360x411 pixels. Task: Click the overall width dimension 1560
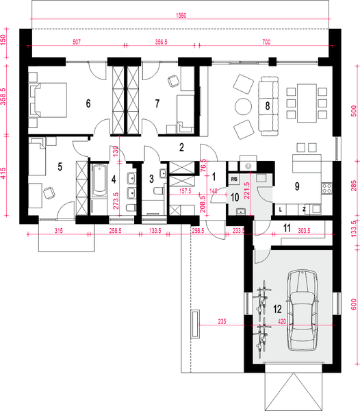pyautogui.click(x=181, y=16)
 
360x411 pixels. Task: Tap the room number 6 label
pyautogui.click(x=88, y=103)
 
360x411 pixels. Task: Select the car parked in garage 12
pyautogui.click(x=303, y=311)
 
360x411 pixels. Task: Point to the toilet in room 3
pyautogui.click(x=159, y=190)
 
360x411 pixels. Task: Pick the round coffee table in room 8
pyautogui.click(x=243, y=106)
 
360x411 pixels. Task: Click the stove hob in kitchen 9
pyautogui.click(x=327, y=188)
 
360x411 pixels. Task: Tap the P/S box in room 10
pyautogui.click(x=234, y=179)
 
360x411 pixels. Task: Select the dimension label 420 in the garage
pyautogui.click(x=282, y=322)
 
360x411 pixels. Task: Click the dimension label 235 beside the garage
pyautogui.click(x=222, y=321)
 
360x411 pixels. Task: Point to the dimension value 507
pyautogui.click(x=77, y=42)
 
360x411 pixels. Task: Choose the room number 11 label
pyautogui.click(x=287, y=228)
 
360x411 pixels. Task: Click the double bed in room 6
pyautogui.click(x=48, y=100)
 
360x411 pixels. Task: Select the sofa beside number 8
pyautogui.click(x=268, y=106)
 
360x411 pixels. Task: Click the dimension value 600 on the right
pyautogui.click(x=353, y=304)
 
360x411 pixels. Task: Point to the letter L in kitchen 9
pyautogui.click(x=281, y=210)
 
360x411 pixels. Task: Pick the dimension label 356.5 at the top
pyautogui.click(x=161, y=42)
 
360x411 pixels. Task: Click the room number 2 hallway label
pyautogui.click(x=181, y=147)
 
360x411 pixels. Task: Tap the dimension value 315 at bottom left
pyautogui.click(x=59, y=231)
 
